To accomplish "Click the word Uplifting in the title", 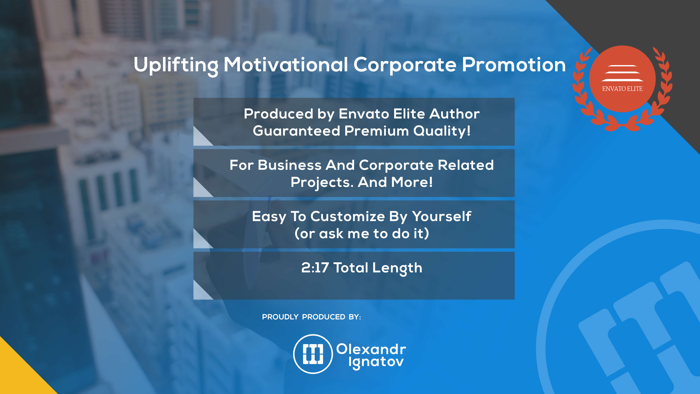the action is pos(176,65).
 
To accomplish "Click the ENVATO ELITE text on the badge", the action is pos(622,89).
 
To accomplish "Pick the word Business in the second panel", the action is pos(289,165).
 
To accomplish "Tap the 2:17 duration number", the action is pos(315,268).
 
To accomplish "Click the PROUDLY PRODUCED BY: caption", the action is pos(311,317).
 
